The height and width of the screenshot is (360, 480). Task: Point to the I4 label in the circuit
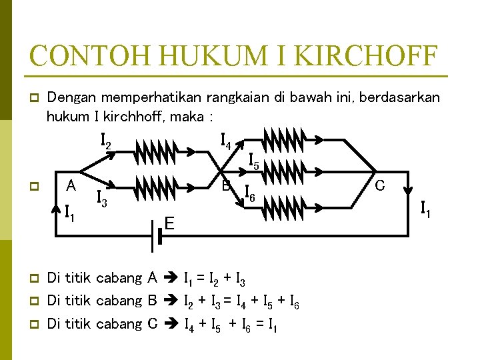point(226,141)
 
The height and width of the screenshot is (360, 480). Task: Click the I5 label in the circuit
point(254,161)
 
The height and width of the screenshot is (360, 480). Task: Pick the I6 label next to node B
point(250,193)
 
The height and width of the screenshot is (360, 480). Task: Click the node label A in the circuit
point(70,185)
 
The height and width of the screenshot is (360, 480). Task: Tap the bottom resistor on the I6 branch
point(284,210)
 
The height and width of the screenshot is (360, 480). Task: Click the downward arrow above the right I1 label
point(407,194)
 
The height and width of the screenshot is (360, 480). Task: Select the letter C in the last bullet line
point(152,324)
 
